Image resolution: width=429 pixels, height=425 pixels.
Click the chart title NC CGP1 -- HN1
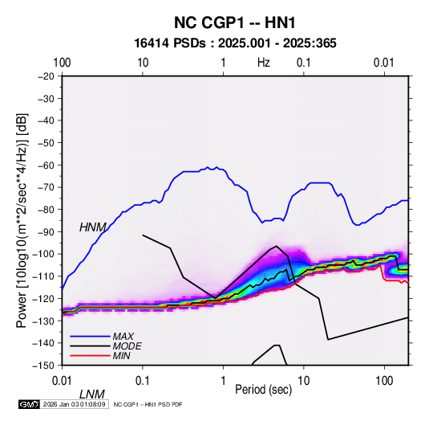point(235,22)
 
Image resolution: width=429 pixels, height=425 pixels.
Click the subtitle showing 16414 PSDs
point(235,43)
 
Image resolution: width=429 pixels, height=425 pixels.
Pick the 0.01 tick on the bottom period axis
point(62,381)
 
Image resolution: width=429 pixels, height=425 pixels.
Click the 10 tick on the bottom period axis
point(303,381)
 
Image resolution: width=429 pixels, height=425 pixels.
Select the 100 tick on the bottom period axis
point(384,381)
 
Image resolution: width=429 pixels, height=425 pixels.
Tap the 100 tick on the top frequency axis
point(62,63)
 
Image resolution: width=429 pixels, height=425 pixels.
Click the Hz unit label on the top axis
point(264,63)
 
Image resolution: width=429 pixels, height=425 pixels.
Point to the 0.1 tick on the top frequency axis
point(304,63)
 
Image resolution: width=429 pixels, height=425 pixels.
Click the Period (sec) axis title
point(264,390)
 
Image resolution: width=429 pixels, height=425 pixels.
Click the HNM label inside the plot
point(92,227)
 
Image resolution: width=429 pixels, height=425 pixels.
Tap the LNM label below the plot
point(92,394)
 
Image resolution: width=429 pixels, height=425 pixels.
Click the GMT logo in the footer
point(29,404)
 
